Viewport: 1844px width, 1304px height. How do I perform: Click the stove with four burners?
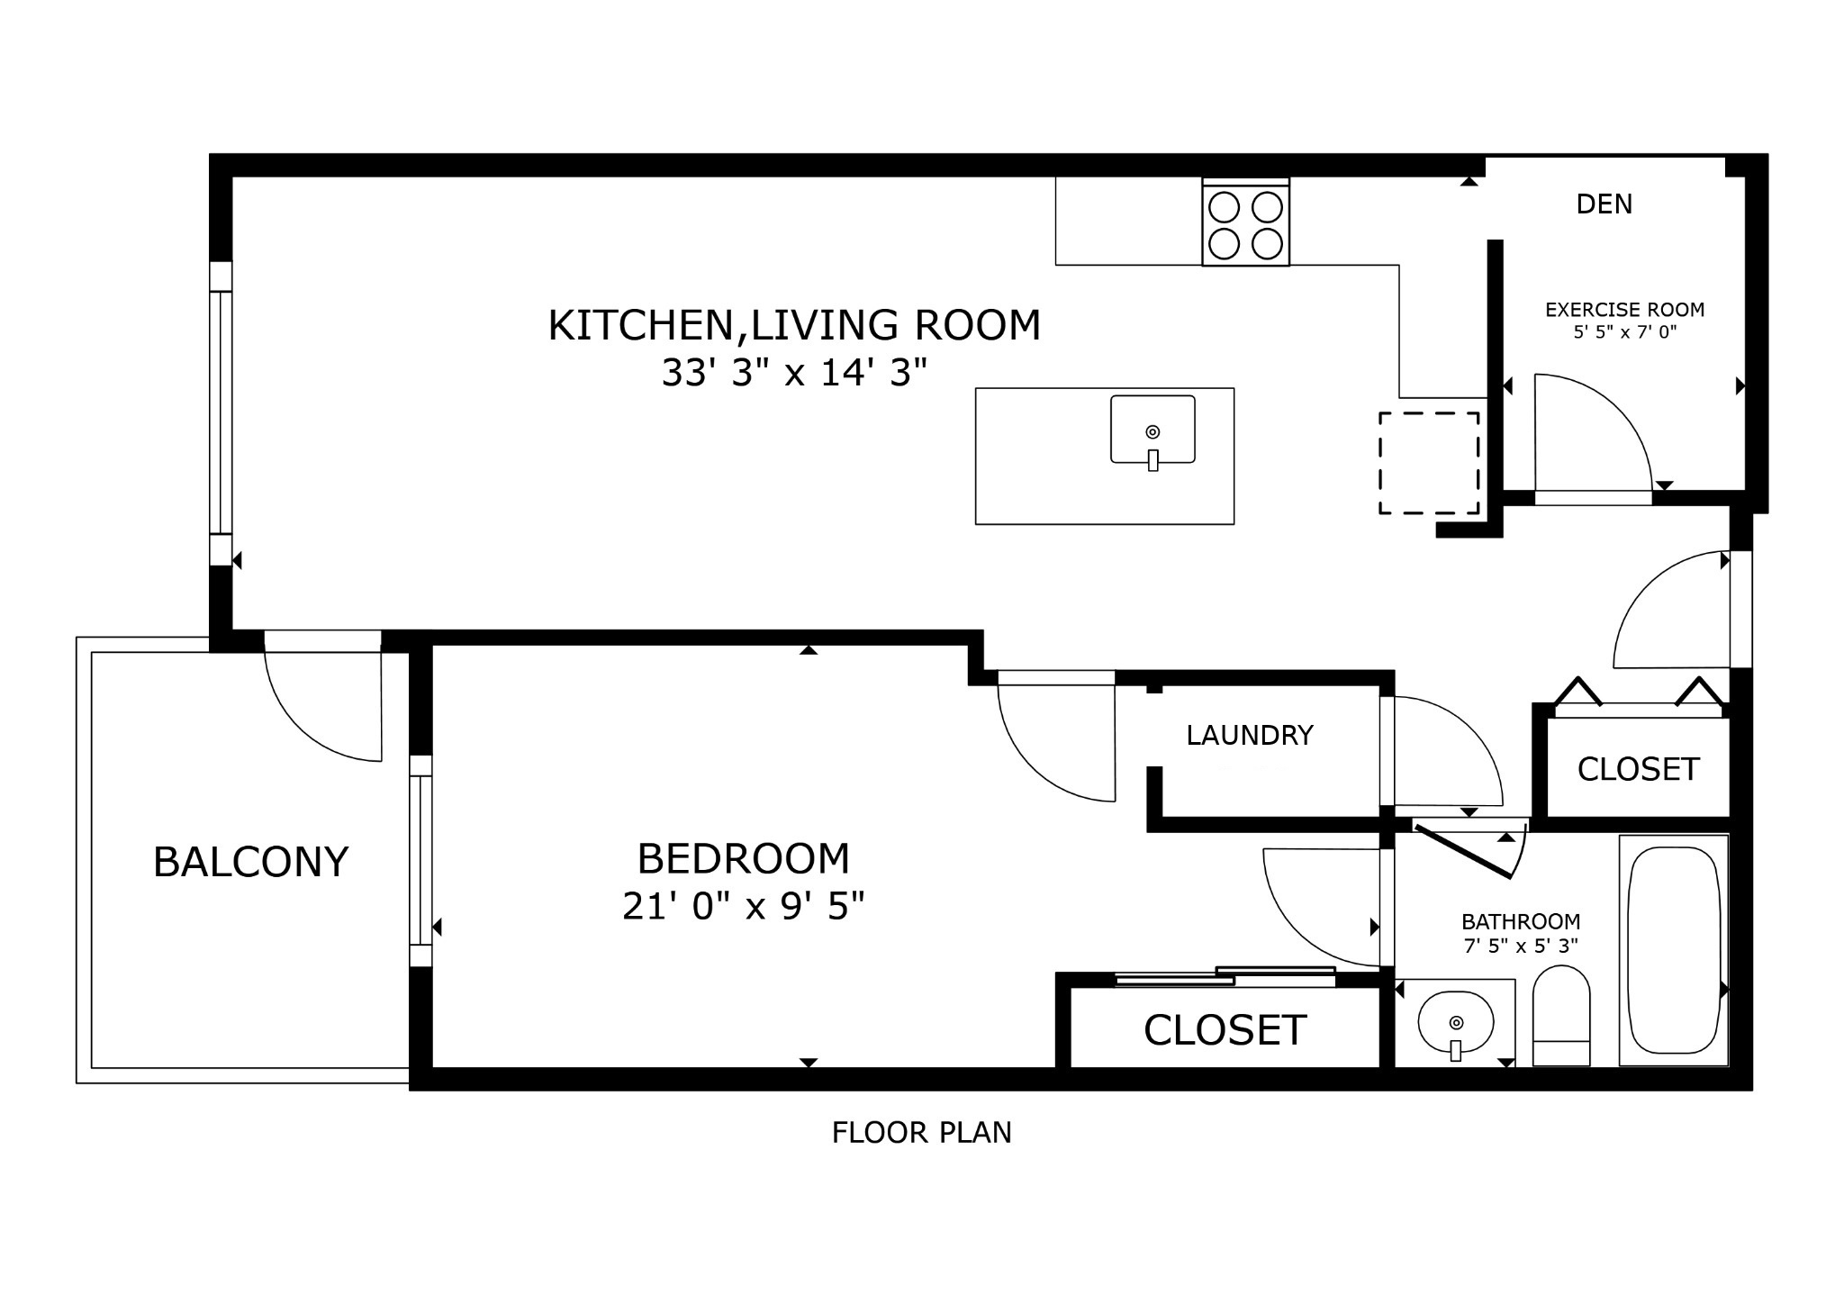1245,222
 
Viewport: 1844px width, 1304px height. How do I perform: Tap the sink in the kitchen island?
1152,430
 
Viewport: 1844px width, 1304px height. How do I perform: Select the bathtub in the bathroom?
1673,950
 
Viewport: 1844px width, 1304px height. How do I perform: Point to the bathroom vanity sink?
1455,1023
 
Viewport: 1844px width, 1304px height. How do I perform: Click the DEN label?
1604,204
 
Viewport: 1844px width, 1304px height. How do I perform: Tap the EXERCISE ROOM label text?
1624,310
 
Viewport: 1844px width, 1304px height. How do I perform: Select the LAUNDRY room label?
1249,736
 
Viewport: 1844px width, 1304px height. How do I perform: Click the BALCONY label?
250,862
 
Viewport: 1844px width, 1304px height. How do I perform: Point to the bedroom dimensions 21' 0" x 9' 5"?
743,906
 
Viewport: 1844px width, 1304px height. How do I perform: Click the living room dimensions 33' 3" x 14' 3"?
793,372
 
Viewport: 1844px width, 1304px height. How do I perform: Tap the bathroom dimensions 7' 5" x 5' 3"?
1520,946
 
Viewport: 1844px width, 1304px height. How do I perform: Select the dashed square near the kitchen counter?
1429,463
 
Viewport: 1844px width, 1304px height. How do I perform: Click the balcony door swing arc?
306,720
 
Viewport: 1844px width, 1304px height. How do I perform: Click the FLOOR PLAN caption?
921,1132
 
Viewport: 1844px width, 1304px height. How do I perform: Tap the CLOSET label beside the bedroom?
1224,1030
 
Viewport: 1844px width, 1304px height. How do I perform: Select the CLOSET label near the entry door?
1638,769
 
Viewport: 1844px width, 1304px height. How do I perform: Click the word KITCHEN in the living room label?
641,325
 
